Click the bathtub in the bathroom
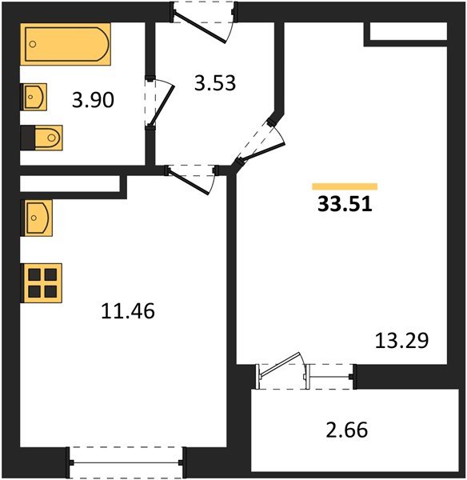pos(66,45)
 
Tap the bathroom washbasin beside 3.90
pos(35,97)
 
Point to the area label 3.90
pos(94,100)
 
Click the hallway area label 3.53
pos(215,82)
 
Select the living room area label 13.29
pos(401,341)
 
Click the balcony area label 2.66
pos(346,431)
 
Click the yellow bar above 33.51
pos(345,186)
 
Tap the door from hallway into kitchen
pos(192,177)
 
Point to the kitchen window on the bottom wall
pos(127,462)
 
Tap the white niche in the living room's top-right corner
pos(405,31)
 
